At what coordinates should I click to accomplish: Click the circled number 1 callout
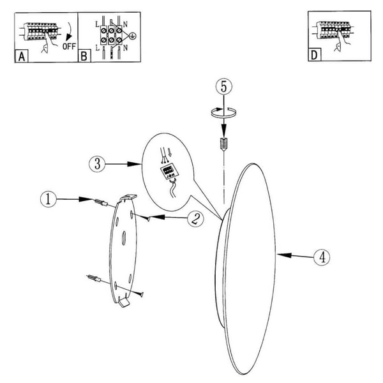[48, 199]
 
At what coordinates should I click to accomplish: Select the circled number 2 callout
[196, 219]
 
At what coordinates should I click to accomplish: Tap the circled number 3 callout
[97, 164]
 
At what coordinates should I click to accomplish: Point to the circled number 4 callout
[322, 257]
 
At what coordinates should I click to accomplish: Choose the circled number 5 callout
[224, 86]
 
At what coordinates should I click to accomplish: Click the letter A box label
[22, 56]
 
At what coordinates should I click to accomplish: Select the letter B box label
[84, 56]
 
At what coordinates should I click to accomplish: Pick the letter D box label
[315, 55]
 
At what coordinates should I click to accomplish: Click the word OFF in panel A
[69, 46]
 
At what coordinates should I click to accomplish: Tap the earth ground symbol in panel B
[133, 36]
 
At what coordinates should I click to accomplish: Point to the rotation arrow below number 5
[223, 112]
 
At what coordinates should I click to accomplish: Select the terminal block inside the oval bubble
[169, 172]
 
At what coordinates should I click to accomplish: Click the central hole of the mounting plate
[124, 238]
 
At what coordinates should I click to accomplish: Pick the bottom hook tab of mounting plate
[124, 302]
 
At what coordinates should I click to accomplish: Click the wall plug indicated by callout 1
[101, 202]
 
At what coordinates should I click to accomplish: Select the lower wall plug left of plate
[94, 278]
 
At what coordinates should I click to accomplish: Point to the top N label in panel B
[125, 24]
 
